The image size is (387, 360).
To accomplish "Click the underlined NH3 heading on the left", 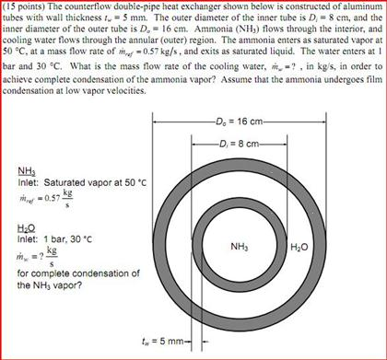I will pyautogui.click(x=27, y=169).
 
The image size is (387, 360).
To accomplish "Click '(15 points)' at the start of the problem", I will pyautogui.click(x=25, y=6).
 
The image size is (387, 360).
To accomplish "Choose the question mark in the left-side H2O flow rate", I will pyautogui.click(x=43, y=254).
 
